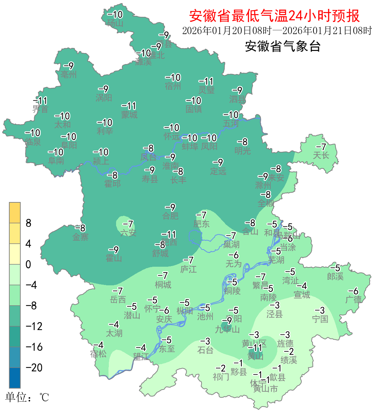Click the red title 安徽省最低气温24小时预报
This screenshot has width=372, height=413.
pyautogui.click(x=274, y=16)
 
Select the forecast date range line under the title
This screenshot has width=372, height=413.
pyautogui.click(x=277, y=31)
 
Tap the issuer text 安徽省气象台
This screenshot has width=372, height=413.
pyautogui.click(x=283, y=46)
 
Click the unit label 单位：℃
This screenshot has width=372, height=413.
pyautogui.click(x=27, y=398)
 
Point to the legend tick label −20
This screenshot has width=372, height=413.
pyautogui.click(x=34, y=368)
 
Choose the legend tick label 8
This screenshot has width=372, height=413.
pyautogui.click(x=29, y=223)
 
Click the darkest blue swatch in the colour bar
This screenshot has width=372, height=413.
pyautogui.click(x=15, y=378)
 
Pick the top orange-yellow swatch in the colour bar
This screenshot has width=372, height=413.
pyautogui.click(x=15, y=213)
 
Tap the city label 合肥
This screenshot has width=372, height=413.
pyautogui.click(x=170, y=216)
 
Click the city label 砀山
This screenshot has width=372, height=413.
pyautogui.click(x=115, y=23)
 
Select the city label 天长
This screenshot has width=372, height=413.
pyautogui.click(x=321, y=156)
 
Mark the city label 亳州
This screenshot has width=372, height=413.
pyautogui.click(x=69, y=75)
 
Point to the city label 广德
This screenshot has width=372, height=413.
pyautogui.click(x=354, y=299)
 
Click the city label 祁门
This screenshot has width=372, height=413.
pyautogui.click(x=221, y=377)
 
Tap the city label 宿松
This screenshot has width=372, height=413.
pyautogui.click(x=99, y=354)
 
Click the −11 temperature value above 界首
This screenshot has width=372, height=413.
pyautogui.click(x=40, y=101)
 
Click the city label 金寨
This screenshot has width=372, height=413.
pyautogui.click(x=81, y=237)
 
